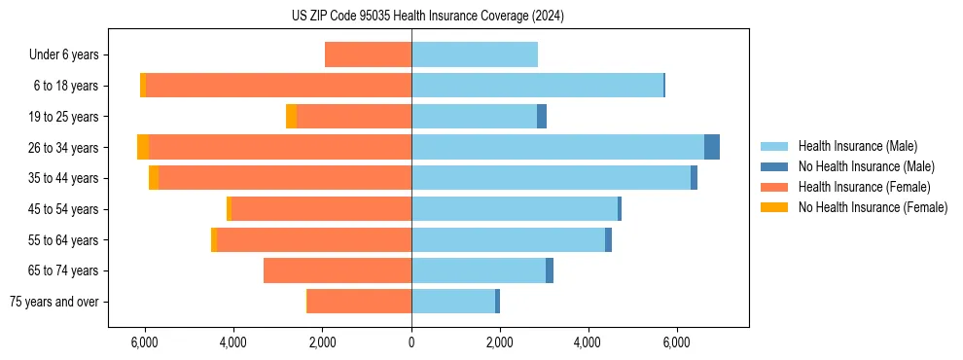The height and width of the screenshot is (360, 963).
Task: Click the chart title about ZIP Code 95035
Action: pyautogui.click(x=427, y=17)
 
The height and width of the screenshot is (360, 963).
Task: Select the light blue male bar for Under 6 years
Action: pyautogui.click(x=475, y=54)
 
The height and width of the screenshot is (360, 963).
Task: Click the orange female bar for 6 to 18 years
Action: pyautogui.click(x=278, y=86)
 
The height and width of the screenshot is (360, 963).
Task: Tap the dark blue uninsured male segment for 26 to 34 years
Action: pyautogui.click(x=712, y=147)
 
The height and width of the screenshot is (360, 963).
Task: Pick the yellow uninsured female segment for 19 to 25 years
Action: pyautogui.click(x=292, y=117)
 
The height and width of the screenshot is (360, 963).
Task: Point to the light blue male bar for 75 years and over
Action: pyautogui.click(x=453, y=302)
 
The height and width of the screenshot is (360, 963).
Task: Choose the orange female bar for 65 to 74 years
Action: pyautogui.click(x=338, y=270)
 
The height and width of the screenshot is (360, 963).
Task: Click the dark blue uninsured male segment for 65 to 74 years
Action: pyautogui.click(x=550, y=270)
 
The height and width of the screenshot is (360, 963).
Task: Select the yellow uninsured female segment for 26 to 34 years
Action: pyautogui.click(x=143, y=147)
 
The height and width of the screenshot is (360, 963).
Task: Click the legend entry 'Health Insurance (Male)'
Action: pyautogui.click(x=857, y=146)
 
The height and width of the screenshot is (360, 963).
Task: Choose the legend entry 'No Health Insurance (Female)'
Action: pyautogui.click(x=873, y=207)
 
